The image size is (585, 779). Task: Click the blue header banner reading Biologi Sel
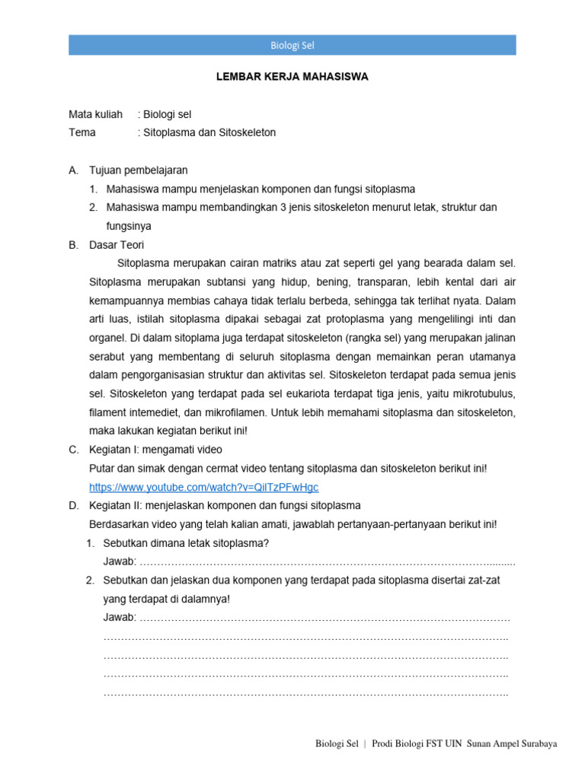(292, 45)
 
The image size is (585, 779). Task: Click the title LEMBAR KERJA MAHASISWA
(292, 77)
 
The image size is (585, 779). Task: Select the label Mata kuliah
(95, 115)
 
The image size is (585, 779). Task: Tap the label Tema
(83, 132)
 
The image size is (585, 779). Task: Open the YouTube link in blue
(203, 487)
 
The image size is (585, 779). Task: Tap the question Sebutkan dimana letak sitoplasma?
(186, 543)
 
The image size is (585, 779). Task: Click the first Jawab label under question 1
(120, 561)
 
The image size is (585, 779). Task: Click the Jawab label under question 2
(120, 617)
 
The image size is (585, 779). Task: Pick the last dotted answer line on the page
(305, 693)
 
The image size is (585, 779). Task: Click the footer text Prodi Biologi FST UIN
(417, 744)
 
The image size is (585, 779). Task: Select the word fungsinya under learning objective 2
(129, 226)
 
